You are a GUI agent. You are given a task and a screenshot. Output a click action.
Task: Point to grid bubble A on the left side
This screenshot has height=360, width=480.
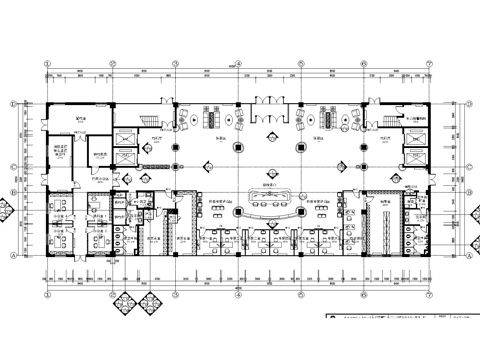[x=13, y=255]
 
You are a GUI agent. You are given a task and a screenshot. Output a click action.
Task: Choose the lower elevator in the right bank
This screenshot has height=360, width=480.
[x=413, y=159]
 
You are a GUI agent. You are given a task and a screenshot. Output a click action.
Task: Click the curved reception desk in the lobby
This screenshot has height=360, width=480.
[x=268, y=193]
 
